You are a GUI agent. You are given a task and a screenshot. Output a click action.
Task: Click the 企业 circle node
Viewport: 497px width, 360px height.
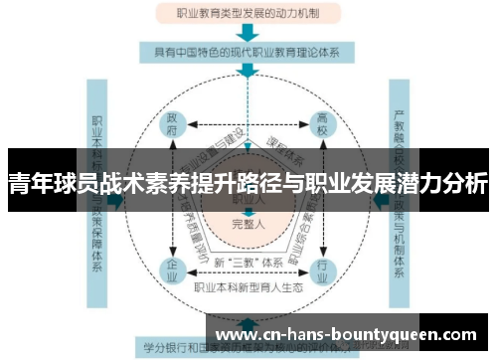(x=173, y=270)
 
